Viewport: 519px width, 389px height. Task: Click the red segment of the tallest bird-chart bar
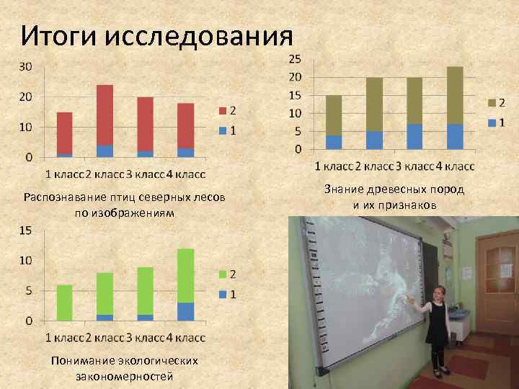(x=105, y=115)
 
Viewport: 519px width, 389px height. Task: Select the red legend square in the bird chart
(x=223, y=110)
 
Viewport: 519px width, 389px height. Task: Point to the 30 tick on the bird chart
(x=25, y=66)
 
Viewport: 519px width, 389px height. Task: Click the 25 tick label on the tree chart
(x=295, y=58)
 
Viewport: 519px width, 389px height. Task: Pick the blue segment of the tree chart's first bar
(x=334, y=143)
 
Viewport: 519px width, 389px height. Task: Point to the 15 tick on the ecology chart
(x=25, y=231)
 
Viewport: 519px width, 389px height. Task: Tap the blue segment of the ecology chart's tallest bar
(x=186, y=311)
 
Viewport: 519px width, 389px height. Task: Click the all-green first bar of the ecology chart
(x=65, y=303)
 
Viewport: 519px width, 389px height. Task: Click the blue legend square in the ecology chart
(x=223, y=294)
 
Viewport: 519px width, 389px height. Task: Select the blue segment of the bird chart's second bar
(x=105, y=151)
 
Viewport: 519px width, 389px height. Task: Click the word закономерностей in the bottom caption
(x=124, y=375)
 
